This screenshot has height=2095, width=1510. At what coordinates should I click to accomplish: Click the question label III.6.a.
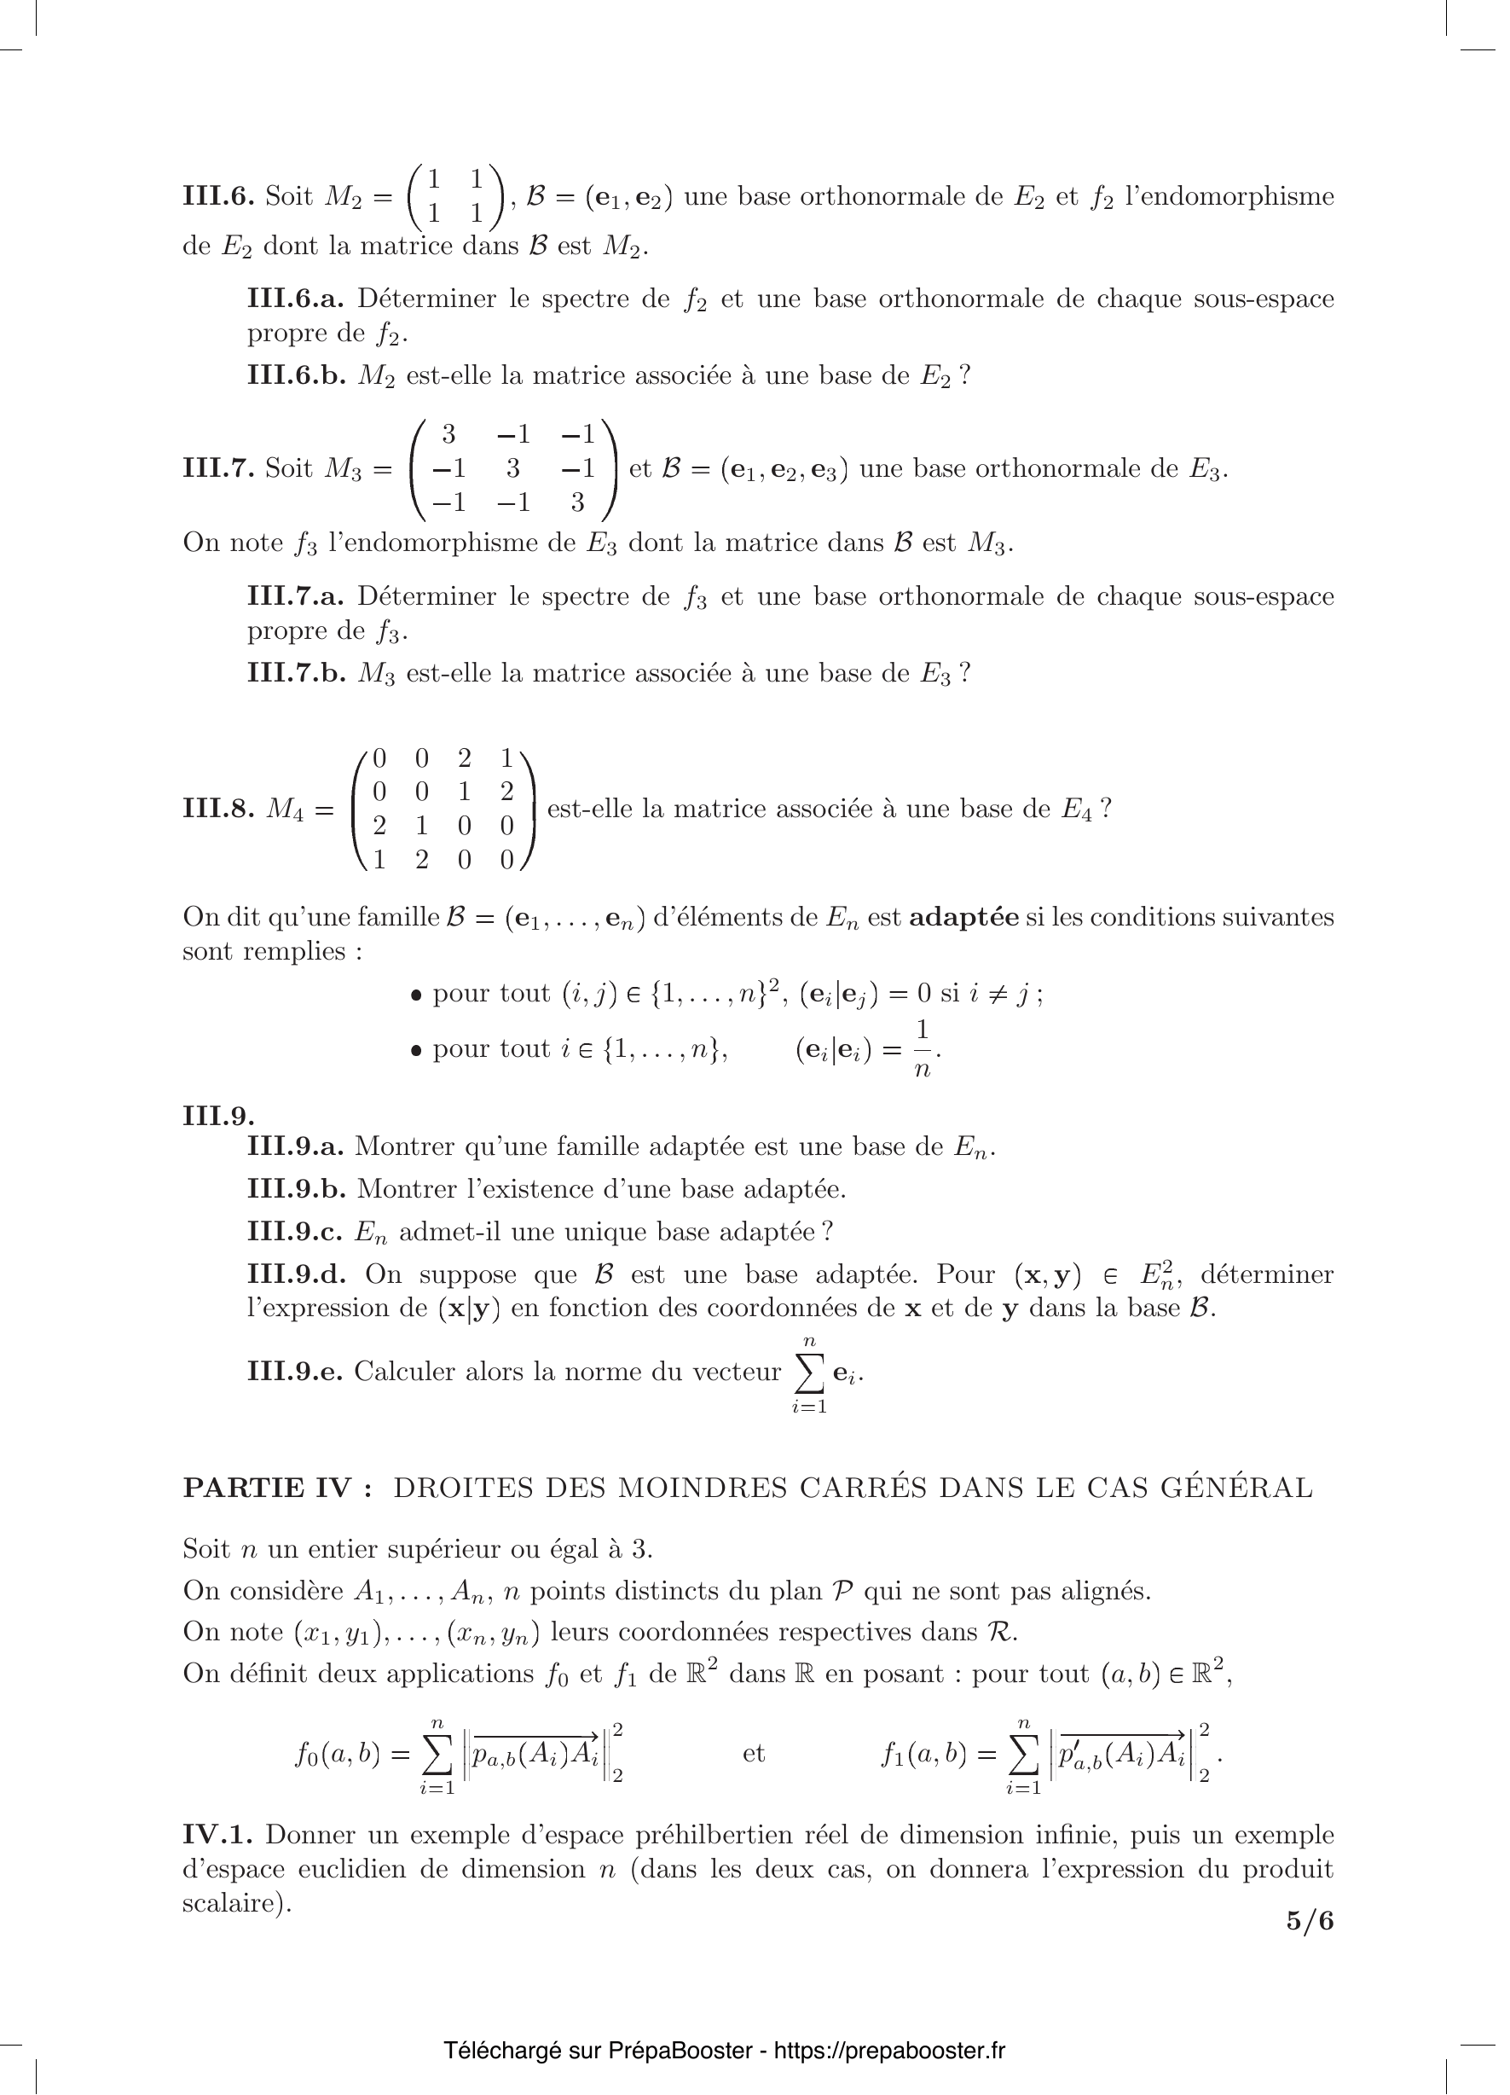[296, 299]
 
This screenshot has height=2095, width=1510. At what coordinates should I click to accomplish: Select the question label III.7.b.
[296, 672]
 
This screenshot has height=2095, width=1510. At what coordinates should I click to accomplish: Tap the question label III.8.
[218, 810]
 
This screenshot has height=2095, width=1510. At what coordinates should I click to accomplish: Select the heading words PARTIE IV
[277, 1489]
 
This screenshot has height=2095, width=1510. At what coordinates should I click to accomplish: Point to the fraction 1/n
[921, 1049]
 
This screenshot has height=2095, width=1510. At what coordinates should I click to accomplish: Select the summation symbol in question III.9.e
[809, 1373]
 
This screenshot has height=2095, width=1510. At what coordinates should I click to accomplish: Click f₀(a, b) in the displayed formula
[338, 1754]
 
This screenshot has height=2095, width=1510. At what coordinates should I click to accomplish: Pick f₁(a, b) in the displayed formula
[924, 1754]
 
